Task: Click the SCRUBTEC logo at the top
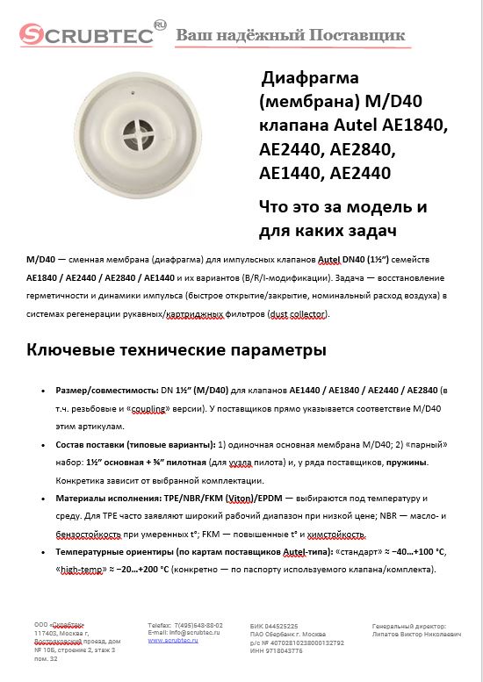[x=88, y=35]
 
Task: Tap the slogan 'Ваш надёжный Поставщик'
[x=292, y=36]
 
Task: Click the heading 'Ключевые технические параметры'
[x=177, y=350]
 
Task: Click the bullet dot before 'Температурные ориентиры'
[x=46, y=551]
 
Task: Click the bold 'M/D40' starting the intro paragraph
[x=41, y=260]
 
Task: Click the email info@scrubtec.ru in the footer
[x=184, y=632]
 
